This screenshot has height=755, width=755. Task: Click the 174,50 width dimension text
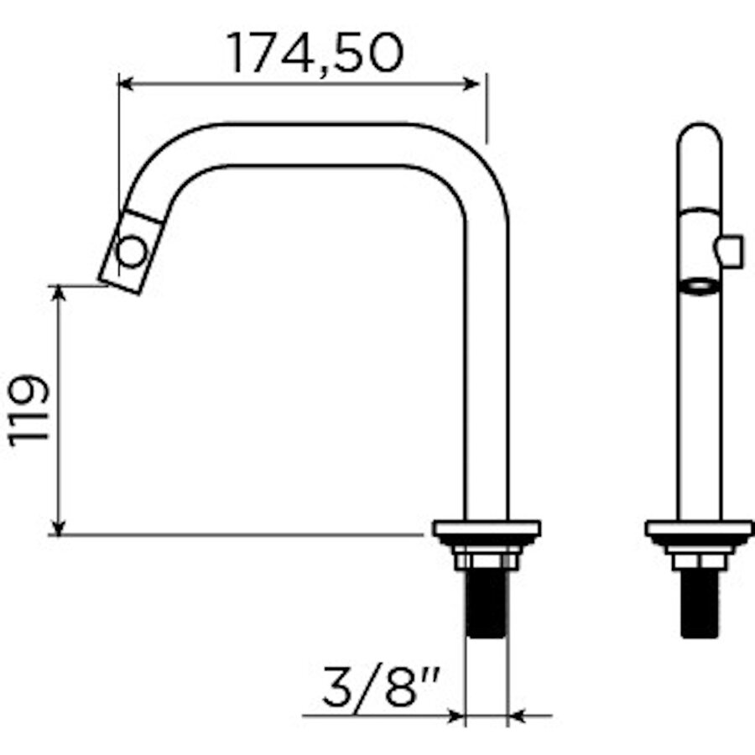click(x=315, y=53)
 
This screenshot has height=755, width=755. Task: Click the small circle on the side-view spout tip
click(x=133, y=252)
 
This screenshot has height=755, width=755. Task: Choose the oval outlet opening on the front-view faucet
click(x=699, y=286)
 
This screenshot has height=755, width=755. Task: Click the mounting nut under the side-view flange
click(x=487, y=559)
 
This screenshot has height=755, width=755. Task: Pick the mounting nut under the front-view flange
click(x=699, y=559)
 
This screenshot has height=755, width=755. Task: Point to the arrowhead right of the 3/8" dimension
click(x=518, y=716)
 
